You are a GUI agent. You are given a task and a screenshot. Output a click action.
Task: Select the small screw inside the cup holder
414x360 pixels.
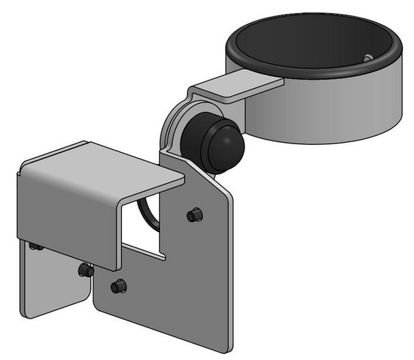pos(367,59)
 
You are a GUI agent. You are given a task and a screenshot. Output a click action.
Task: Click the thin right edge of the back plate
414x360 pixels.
pos(229,272)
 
